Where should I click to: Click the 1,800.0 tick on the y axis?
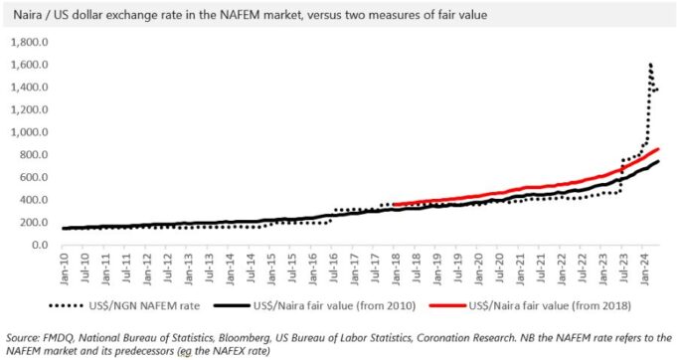click(x=30, y=43)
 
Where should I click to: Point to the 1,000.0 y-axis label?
click(x=30, y=132)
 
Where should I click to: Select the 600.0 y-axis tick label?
click(x=33, y=177)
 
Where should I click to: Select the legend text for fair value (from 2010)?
click(x=334, y=306)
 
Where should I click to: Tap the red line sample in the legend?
click(x=448, y=305)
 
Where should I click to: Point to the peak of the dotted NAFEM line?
click(x=650, y=65)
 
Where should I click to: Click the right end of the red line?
click(x=658, y=149)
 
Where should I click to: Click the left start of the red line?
click(x=395, y=204)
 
